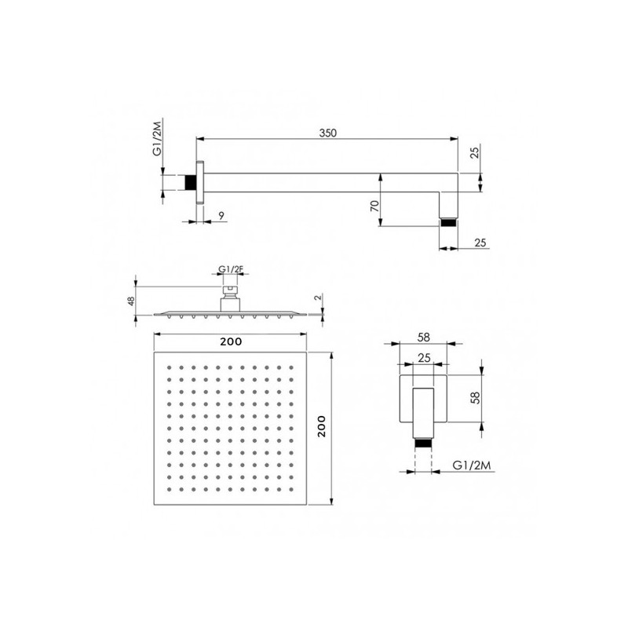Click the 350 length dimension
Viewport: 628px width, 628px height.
(327, 133)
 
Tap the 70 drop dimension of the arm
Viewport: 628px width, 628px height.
(375, 206)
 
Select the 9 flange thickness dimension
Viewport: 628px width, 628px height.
(221, 216)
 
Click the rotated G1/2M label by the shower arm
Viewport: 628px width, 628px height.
(158, 137)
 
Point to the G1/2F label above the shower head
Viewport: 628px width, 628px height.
(231, 269)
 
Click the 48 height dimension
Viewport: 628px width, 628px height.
(130, 301)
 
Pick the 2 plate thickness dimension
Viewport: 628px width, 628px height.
(318, 298)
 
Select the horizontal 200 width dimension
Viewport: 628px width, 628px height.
(231, 341)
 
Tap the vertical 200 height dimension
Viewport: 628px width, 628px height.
(321, 426)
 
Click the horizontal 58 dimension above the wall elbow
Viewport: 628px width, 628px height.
(423, 338)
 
